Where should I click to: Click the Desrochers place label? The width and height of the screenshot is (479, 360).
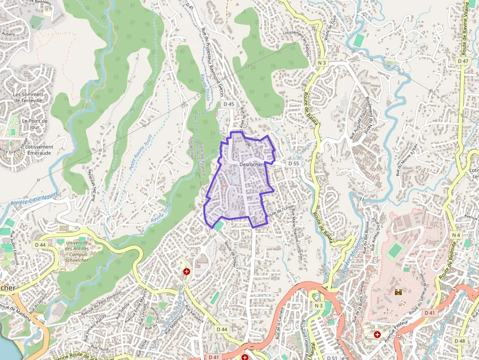252,165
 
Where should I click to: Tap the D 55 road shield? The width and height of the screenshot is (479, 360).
293,163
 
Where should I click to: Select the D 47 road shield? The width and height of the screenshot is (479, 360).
463,61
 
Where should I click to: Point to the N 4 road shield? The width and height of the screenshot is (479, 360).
456,235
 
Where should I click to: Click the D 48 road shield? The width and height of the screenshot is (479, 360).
459,340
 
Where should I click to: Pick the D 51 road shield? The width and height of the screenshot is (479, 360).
332,358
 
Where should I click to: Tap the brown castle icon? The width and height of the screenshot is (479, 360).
398,292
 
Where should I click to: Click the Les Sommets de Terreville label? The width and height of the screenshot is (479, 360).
28,97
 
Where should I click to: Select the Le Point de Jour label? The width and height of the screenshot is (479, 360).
35,124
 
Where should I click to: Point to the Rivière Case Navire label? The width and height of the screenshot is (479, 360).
34,198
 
